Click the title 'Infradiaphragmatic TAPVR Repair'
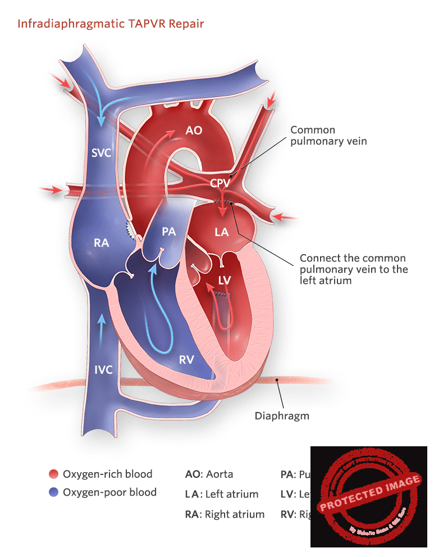[110, 24]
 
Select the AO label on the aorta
[194, 131]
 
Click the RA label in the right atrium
[102, 243]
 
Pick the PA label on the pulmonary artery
[169, 232]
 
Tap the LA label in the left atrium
[222, 232]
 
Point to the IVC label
[103, 369]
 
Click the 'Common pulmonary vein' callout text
[328, 135]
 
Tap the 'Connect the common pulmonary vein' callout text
[353, 269]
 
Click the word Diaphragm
[282, 416]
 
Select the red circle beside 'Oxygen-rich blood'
[54, 474]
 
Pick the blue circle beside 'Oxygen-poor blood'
[54, 492]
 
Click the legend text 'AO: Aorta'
[209, 474]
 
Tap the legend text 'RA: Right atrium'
[225, 514]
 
